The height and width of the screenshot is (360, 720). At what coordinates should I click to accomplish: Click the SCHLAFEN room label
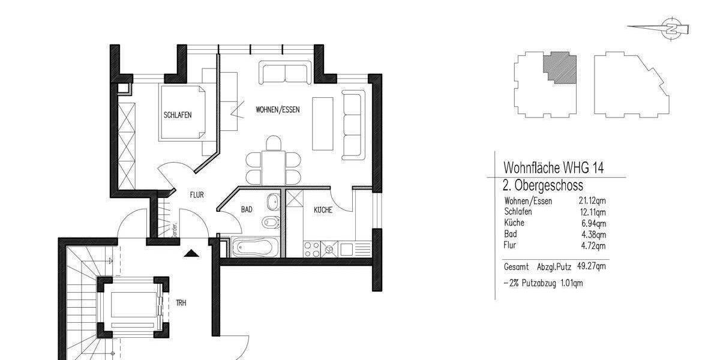pos(178,115)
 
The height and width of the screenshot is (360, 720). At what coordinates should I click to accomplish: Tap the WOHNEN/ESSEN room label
pos(277,110)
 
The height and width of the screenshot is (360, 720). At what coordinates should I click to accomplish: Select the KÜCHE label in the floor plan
pos(323,210)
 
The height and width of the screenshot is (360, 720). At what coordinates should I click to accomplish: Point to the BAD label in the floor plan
pos(247,210)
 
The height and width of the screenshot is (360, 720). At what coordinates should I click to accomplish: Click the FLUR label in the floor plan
pos(197,195)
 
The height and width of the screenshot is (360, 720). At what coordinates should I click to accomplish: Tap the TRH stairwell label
pos(181,303)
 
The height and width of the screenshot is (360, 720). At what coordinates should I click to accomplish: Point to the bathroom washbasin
pos(273,200)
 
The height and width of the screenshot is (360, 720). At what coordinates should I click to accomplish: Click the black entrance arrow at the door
pos(191,253)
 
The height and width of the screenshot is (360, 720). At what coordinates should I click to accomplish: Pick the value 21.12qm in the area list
pos(591,201)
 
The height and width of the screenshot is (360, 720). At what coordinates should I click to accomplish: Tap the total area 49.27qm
pos(591,265)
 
